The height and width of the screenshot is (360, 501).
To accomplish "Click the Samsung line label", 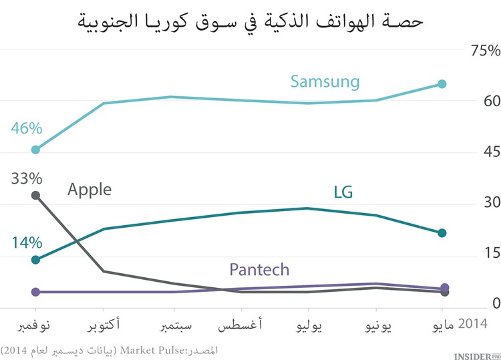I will [x=325, y=82].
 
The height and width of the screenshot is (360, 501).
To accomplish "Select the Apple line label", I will [x=90, y=190].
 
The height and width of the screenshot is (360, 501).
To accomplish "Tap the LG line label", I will [x=343, y=192].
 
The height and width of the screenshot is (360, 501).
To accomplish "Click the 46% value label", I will [x=26, y=128].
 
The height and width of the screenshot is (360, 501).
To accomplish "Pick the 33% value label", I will [x=27, y=178].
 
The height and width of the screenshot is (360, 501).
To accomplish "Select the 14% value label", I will [x=27, y=242].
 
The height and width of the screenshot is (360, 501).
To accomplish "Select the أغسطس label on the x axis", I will [x=240, y=326].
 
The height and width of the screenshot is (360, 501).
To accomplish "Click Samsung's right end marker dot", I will [x=442, y=84].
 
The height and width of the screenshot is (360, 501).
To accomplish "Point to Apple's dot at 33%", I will [x=36, y=196].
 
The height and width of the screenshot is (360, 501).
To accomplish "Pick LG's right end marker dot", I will [x=442, y=233].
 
